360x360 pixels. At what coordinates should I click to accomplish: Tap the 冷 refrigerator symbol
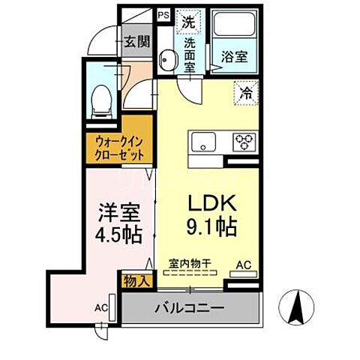click(x=244, y=94)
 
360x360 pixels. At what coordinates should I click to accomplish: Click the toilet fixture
click(x=100, y=100)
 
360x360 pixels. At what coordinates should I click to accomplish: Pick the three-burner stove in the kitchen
click(x=243, y=140)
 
